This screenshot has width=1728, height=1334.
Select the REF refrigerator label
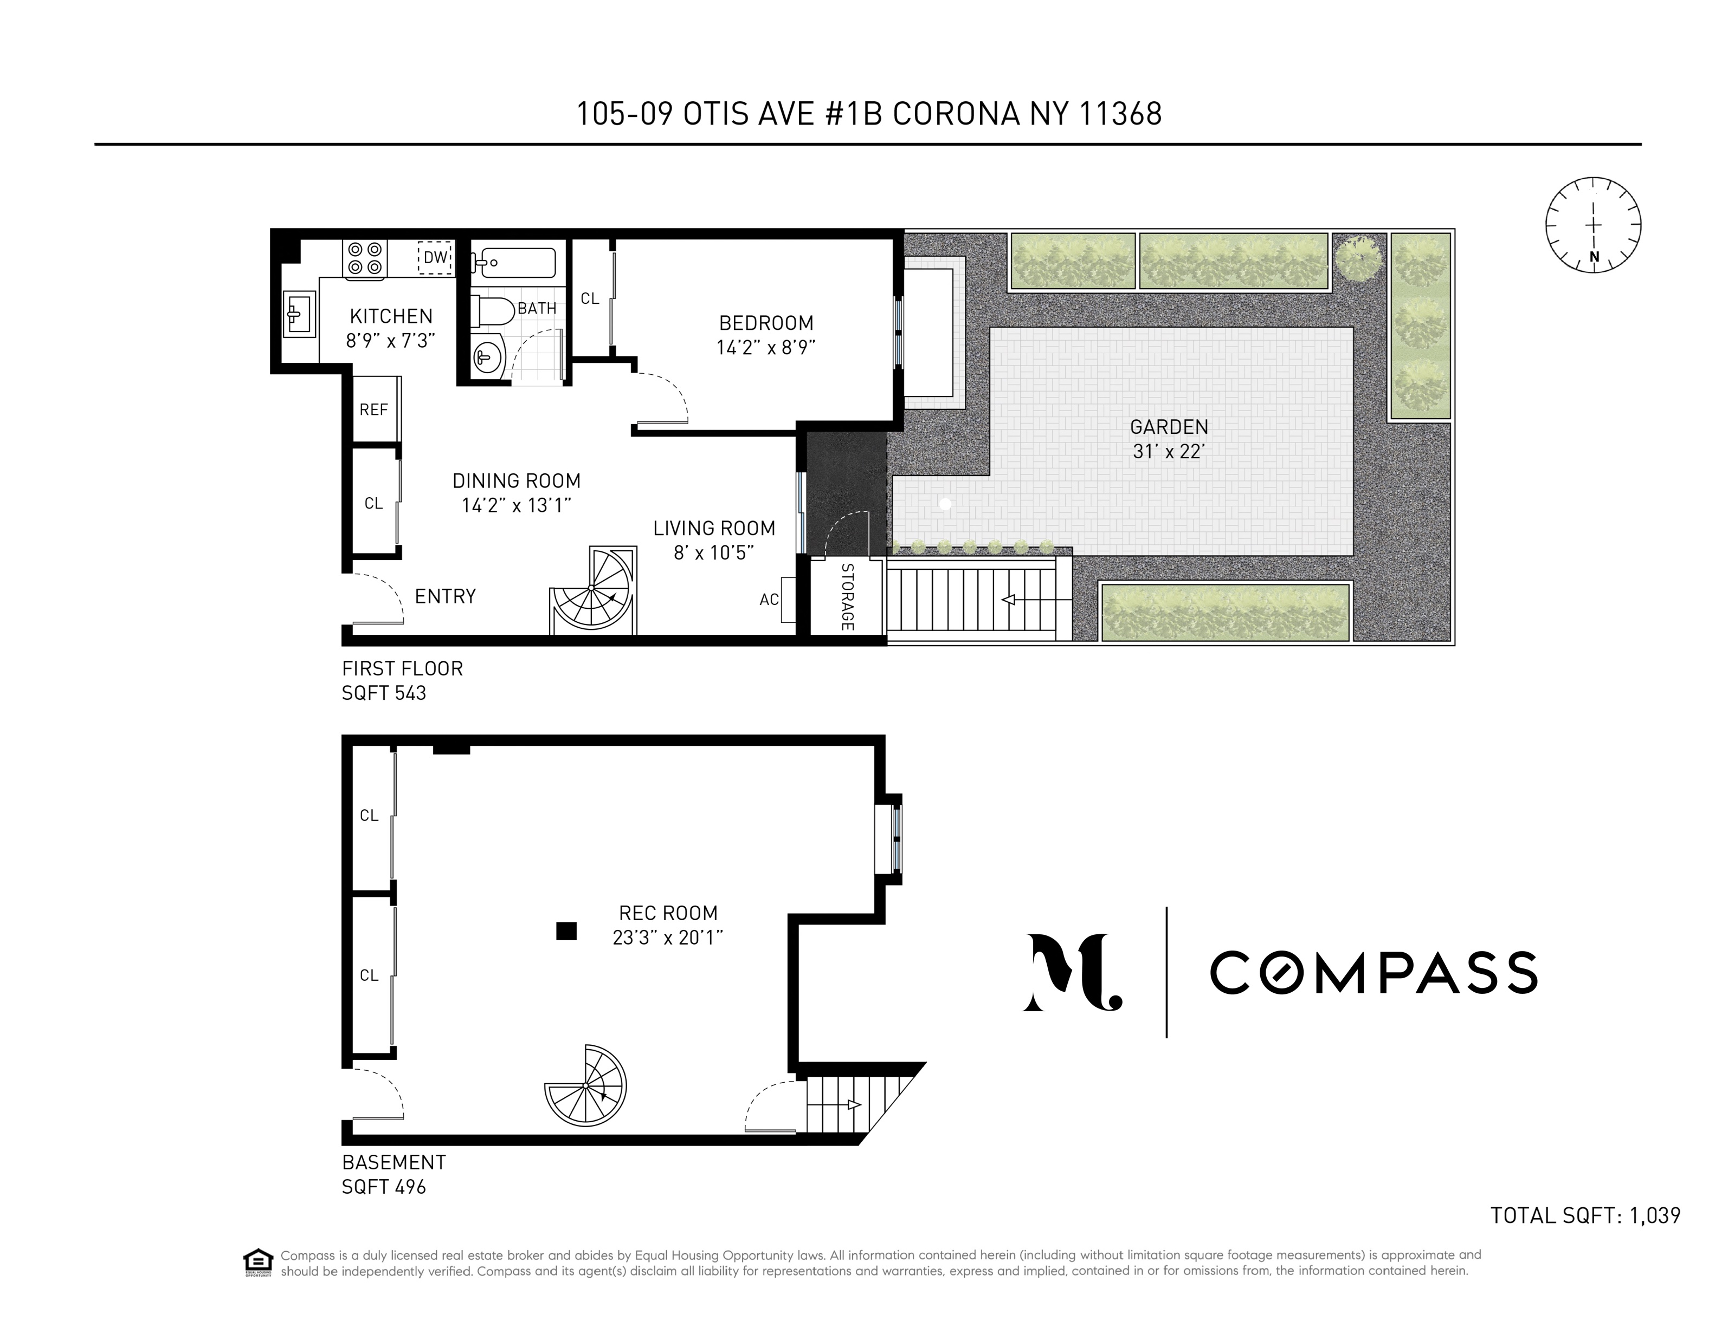point(373,409)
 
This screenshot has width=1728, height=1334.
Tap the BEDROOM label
point(766,323)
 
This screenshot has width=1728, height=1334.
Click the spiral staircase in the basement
point(585,1086)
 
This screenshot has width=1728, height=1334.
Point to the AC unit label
point(769,600)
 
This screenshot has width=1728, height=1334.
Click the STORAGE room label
point(847,597)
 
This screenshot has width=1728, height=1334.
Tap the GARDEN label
point(1169,427)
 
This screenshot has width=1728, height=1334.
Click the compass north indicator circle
point(1594,225)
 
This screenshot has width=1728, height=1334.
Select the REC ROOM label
point(668,913)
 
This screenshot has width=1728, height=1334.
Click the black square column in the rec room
point(566,932)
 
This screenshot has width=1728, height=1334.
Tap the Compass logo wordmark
point(1374,973)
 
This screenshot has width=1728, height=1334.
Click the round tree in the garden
point(1359,257)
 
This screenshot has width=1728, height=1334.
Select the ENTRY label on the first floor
point(446,596)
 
